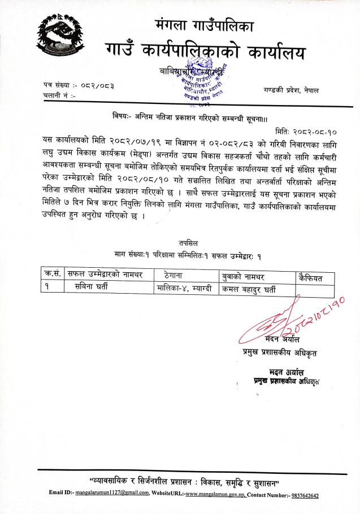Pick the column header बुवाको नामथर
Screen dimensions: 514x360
pos(249,276)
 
